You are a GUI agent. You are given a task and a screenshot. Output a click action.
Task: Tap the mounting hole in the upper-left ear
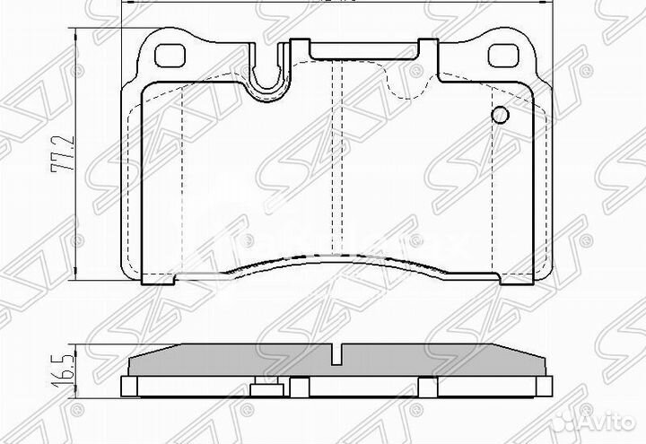coord(167,56)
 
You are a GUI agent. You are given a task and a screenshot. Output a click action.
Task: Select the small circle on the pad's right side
coord(500,116)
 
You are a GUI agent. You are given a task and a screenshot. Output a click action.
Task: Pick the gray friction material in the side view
coord(224,361)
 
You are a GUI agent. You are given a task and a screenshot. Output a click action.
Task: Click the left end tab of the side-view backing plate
coord(129,387)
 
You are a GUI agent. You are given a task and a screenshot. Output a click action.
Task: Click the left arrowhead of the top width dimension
coord(124,4)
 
